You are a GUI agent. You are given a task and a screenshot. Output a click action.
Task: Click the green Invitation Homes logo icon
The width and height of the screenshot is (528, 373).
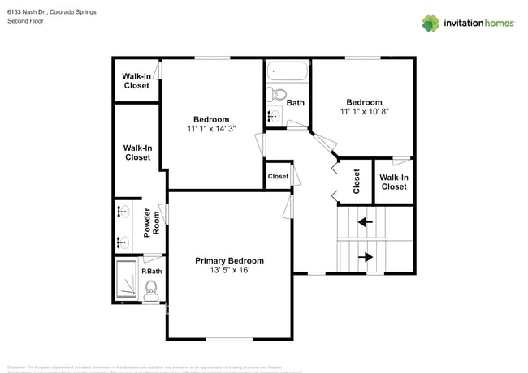[431, 23]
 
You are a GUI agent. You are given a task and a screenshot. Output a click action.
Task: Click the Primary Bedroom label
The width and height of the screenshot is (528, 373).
[229, 261]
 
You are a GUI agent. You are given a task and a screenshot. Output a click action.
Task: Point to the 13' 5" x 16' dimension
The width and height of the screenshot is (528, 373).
[229, 271]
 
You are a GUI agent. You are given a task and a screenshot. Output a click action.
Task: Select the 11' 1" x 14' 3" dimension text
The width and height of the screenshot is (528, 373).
[210, 128]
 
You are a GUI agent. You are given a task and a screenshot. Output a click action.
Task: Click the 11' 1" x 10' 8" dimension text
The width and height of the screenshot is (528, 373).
[364, 111]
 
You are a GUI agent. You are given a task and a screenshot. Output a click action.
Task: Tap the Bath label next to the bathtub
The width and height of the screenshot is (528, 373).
[295, 103]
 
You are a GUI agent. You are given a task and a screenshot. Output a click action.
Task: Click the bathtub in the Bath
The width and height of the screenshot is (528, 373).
[286, 71]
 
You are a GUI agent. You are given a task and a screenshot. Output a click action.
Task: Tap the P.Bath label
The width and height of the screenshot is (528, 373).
[151, 271]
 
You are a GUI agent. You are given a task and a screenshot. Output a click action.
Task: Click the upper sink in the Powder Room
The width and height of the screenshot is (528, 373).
[123, 213]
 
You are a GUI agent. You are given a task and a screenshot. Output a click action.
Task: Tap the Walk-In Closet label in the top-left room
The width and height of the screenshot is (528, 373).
[136, 81]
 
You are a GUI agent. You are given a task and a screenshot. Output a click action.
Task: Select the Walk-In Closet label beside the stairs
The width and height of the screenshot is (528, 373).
[394, 182]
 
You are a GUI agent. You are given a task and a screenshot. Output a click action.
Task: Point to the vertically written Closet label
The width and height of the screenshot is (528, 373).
[357, 181]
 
